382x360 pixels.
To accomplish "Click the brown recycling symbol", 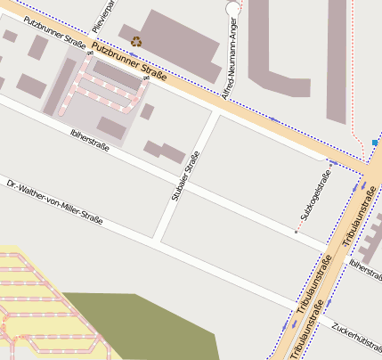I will [136, 40].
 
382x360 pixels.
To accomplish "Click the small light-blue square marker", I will [375, 143].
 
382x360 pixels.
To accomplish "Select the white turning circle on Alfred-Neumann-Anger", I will [233, 8].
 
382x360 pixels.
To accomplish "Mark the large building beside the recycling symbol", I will [174, 40].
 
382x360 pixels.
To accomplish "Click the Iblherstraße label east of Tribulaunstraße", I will [365, 266].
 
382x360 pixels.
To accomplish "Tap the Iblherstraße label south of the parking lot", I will [93, 143].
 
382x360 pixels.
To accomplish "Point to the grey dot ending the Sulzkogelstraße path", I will [296, 233].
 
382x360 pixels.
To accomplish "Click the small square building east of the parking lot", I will [147, 111].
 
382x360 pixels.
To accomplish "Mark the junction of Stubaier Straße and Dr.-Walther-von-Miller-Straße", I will [157, 240].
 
